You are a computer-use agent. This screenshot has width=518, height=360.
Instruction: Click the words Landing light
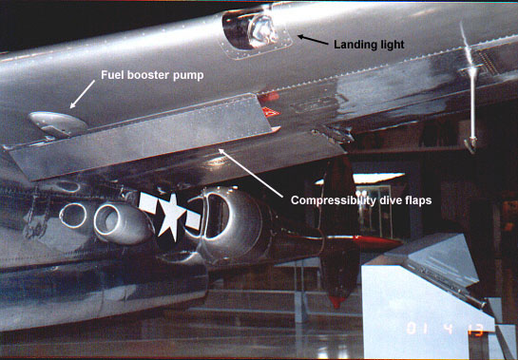369,45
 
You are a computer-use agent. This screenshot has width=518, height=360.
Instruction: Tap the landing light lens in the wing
262,30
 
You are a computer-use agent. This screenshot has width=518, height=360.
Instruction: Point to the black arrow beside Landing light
313,40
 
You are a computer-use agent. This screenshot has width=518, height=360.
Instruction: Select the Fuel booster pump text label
152,75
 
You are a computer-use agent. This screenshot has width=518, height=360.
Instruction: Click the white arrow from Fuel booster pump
83,94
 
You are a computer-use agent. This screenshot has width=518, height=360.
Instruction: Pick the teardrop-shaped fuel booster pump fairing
57,123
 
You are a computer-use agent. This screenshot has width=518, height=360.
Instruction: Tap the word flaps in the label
418,200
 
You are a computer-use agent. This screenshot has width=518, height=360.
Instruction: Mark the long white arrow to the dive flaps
251,173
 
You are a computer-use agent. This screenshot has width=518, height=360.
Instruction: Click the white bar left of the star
147,202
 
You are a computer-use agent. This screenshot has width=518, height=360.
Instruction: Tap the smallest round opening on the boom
73,216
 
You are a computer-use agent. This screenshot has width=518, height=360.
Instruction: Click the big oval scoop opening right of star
217,216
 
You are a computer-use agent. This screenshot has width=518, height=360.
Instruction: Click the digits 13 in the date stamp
475,330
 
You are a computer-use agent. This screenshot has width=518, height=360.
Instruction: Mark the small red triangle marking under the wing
271,112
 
